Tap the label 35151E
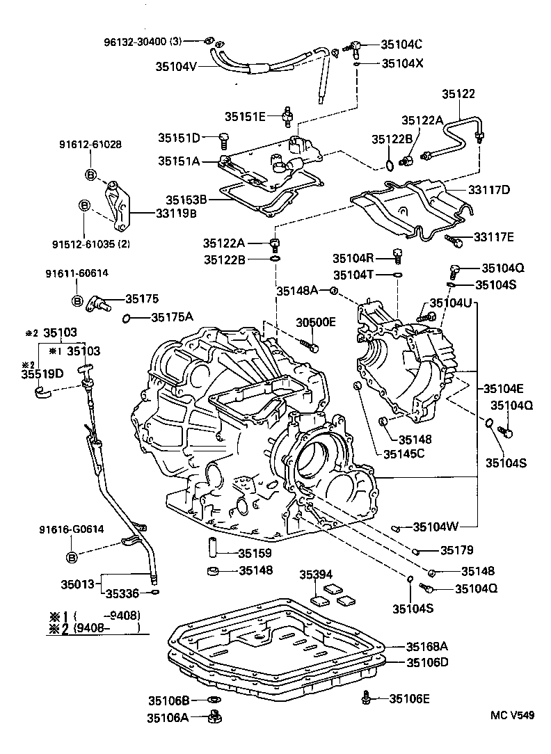pyautogui.click(x=244, y=116)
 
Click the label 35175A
pyautogui.click(x=172, y=317)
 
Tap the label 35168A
pyautogui.click(x=424, y=646)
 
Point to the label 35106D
pyautogui.click(x=424, y=661)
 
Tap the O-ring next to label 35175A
pyautogui.click(x=127, y=319)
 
